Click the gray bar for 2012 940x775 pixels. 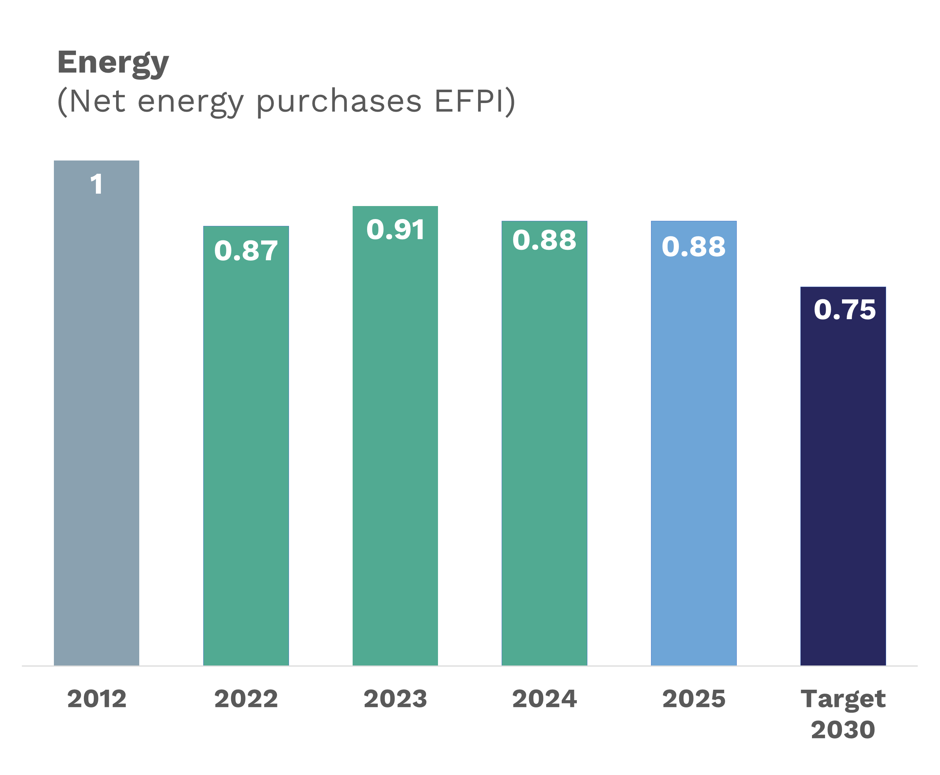[97, 424]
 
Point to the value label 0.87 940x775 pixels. [246, 251]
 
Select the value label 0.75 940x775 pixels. [844, 309]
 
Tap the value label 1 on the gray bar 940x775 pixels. [97, 184]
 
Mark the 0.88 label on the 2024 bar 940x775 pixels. [544, 240]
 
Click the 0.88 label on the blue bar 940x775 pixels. [693, 247]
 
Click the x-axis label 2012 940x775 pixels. [97, 699]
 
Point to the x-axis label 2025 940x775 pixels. [693, 699]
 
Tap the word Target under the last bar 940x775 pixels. [843, 699]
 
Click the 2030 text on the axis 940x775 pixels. [843, 730]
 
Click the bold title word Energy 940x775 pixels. [113, 63]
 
